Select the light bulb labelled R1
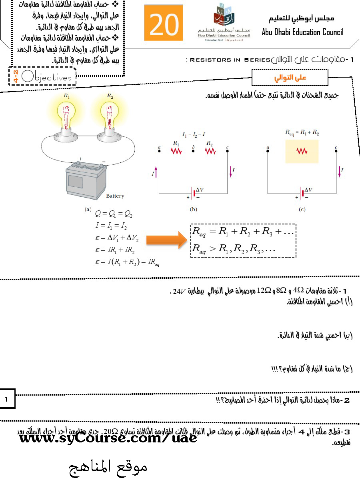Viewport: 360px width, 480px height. click(66, 116)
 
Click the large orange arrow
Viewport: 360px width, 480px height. click(166, 240)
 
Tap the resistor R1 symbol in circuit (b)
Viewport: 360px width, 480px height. click(176, 151)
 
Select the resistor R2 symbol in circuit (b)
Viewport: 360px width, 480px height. click(210, 151)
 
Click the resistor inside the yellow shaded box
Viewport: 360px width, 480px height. click(302, 151)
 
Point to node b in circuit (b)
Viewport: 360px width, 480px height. click(193, 151)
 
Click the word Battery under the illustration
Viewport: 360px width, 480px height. click(115, 196)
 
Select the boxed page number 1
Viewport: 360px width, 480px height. click(6, 399)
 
